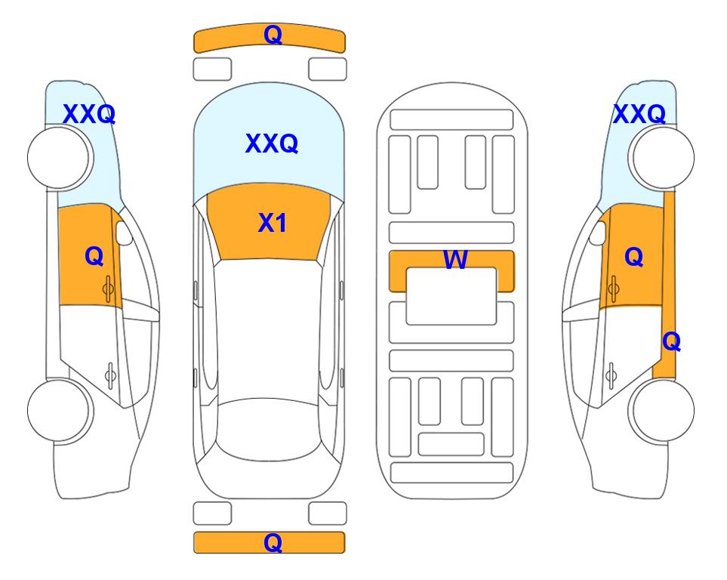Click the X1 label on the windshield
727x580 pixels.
point(273,223)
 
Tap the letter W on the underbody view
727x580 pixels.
point(455,259)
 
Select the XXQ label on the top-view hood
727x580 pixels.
point(272,143)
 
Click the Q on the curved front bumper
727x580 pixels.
point(273,34)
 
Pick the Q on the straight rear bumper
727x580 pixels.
point(273,542)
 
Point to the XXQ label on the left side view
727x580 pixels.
point(89,114)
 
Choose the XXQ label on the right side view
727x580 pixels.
point(639,114)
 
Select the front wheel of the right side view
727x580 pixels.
point(661,158)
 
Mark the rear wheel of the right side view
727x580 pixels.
point(661,410)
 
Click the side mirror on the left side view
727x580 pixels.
point(124,233)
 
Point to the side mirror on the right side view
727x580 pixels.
point(598,233)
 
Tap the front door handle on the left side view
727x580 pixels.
point(109,288)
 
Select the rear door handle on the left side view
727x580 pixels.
point(111,375)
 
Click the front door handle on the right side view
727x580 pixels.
point(614,288)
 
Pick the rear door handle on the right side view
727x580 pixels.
point(611,375)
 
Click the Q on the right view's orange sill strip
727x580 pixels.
point(671,342)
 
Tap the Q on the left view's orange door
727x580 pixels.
point(94,256)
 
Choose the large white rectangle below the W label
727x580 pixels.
point(451,296)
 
